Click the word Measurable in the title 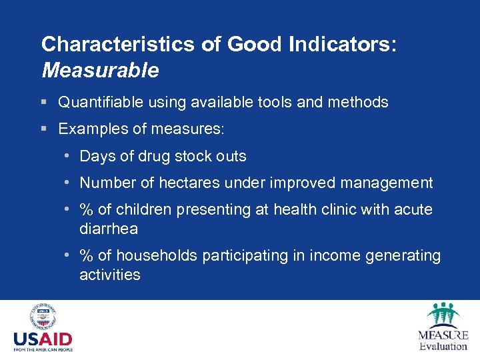pos(100,69)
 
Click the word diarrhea pos(109,228)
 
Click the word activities pos(110,275)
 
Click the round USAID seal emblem pos(43,317)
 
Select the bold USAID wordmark pos(43,339)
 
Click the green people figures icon pos(443,315)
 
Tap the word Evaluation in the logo pos(443,346)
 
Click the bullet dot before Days pos(69,156)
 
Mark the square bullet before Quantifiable pos(43,103)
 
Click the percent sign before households pos(86,256)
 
